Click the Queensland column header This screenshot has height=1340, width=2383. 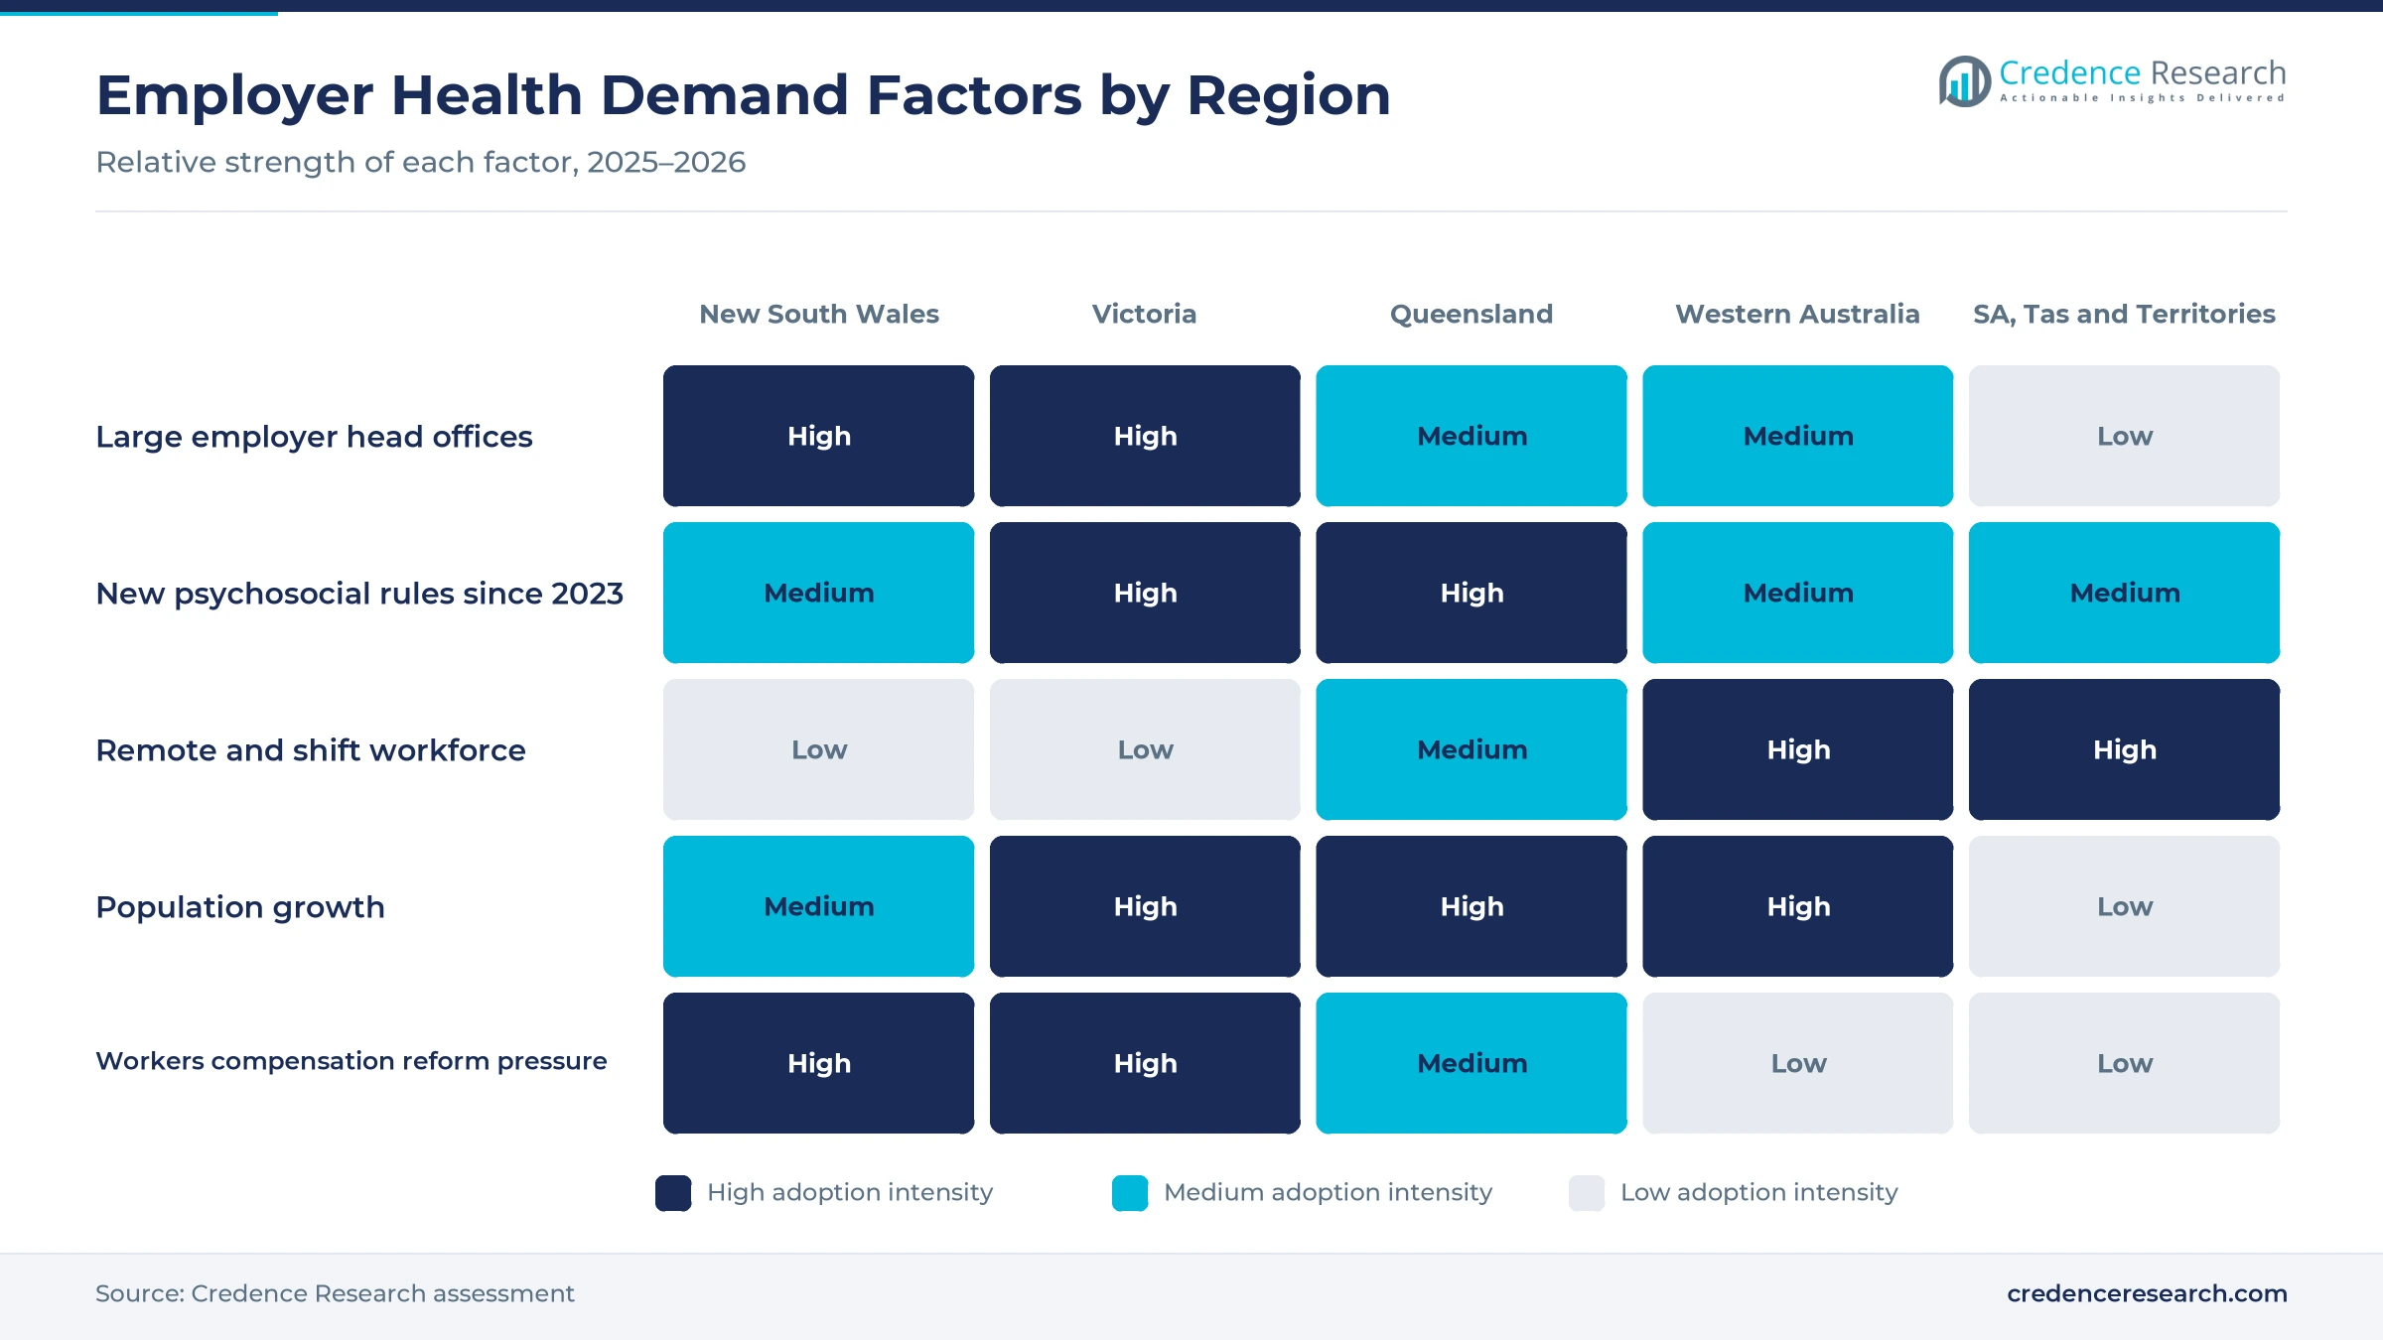coord(1471,314)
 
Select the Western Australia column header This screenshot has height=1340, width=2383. coord(1797,314)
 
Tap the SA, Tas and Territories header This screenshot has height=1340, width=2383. coord(2124,314)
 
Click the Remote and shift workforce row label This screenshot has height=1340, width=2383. coord(311,750)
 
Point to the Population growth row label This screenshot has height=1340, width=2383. coord(240,907)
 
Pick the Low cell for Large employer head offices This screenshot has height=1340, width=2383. coord(2124,436)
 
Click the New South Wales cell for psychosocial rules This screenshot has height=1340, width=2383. coord(818,593)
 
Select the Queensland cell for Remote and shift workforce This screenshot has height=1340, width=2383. coord(1472,749)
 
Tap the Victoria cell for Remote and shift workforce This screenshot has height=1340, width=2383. coord(1145,749)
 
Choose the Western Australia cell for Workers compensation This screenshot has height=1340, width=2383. coord(1797,1063)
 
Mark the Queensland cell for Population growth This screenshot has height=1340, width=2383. coord(1472,906)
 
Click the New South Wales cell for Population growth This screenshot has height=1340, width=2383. coord(818,906)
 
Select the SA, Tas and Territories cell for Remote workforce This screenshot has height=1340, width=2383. coord(2124,749)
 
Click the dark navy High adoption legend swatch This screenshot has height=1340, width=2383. coord(673,1193)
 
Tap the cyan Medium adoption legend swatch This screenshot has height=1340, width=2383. coord(1130,1193)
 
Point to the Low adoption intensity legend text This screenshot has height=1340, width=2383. coord(1758,1192)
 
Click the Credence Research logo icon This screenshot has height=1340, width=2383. coord(1964,81)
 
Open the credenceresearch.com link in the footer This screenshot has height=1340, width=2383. coord(2147,1293)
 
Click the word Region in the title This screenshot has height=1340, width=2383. coord(1289,96)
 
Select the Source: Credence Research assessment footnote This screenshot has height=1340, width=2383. coord(335,1293)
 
